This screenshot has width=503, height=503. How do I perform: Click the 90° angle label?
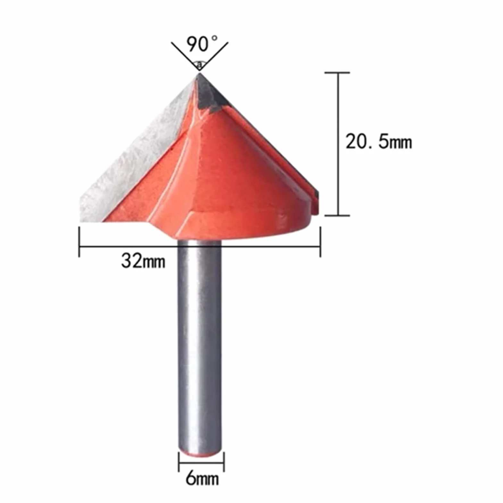click(202, 44)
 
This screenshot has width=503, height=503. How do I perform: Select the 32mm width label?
click(143, 261)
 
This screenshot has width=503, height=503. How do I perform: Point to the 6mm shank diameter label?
click(202, 479)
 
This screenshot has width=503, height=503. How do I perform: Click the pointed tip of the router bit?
click(199, 73)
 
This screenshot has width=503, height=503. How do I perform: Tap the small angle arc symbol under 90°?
click(199, 64)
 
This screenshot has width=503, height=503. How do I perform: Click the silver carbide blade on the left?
click(135, 154)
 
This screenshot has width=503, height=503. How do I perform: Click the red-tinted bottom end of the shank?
click(200, 453)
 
